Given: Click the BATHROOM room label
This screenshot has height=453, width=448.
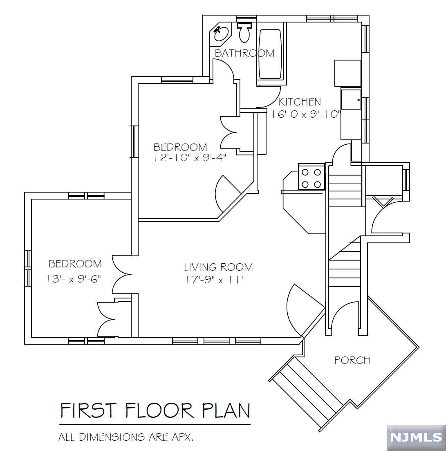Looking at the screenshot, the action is (245, 54).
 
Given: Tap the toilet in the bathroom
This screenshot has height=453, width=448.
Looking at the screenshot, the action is (245, 32).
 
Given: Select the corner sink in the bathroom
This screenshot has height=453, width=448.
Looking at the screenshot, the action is (221, 34).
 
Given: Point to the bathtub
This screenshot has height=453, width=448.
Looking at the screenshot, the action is (270, 54).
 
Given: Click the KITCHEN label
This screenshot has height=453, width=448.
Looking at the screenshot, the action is (300, 102).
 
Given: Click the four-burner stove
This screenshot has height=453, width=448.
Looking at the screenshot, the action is (311, 178).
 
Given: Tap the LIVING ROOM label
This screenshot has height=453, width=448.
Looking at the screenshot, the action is (218, 267).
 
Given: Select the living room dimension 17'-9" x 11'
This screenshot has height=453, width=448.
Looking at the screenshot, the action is (214, 280).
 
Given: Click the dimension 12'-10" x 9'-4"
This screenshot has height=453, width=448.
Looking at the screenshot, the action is (190, 158).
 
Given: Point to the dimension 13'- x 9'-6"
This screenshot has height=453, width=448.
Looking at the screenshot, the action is (73, 279).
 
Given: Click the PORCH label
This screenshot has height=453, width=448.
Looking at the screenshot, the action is (352, 360).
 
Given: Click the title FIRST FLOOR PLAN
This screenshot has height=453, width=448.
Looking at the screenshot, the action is (155, 410).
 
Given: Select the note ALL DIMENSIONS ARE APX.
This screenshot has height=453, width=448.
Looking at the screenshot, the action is (126, 437).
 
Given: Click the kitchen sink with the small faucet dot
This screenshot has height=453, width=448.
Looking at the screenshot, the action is (351, 99).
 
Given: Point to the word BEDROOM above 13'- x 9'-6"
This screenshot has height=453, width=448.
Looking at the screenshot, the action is (75, 264).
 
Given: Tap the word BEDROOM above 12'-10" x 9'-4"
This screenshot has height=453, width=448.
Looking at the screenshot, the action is (180, 147).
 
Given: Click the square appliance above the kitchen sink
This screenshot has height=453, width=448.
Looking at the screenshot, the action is (348, 73).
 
